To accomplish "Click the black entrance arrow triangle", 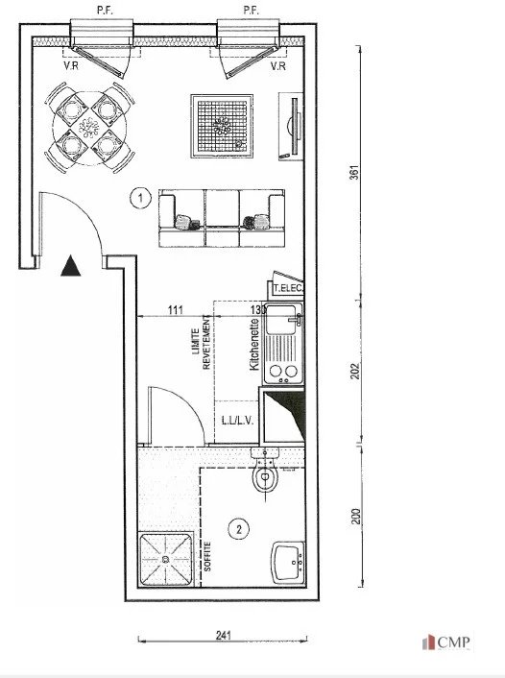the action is (70, 266).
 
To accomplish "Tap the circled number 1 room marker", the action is (140, 198).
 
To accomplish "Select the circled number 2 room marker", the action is (238, 529).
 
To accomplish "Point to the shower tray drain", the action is (165, 559).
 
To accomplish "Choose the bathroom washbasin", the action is (288, 563).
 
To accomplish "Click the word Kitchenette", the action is (254, 345).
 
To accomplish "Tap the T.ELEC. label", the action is (288, 288).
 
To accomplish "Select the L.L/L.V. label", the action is (237, 421).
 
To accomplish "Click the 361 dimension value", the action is (354, 173).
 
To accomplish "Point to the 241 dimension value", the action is (224, 635).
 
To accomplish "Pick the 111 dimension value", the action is (175, 309).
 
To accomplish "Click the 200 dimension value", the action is (356, 517).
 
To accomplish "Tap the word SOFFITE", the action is (207, 556).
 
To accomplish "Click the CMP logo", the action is (446, 642).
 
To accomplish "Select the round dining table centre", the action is (89, 128).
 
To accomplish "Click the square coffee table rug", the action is (222, 126).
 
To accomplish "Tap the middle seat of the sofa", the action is (222, 218).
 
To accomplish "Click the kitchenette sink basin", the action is (280, 319).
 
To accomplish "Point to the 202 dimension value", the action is (355, 371).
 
